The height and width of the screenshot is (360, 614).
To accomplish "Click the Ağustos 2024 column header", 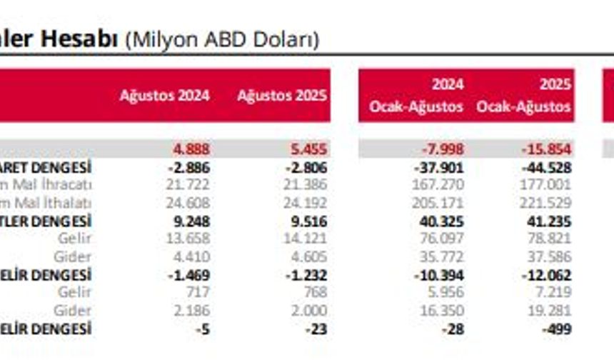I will tap(164, 96).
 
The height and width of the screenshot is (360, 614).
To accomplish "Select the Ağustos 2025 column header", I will tap(282, 96).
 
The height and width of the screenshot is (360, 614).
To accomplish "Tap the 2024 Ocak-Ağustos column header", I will tap(416, 96).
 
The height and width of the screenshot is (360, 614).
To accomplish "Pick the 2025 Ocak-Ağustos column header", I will tap(524, 96).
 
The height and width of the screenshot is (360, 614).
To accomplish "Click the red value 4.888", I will tap(191, 149).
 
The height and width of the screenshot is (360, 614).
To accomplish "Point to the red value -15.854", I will tap(546, 149).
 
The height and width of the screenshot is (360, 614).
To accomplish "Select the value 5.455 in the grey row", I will tap(308, 149).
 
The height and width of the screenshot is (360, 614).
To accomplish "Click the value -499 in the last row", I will tap(557, 329).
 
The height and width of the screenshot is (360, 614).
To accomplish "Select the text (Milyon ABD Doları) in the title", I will tap(222, 40).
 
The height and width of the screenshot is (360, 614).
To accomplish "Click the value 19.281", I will tap(550, 311).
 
